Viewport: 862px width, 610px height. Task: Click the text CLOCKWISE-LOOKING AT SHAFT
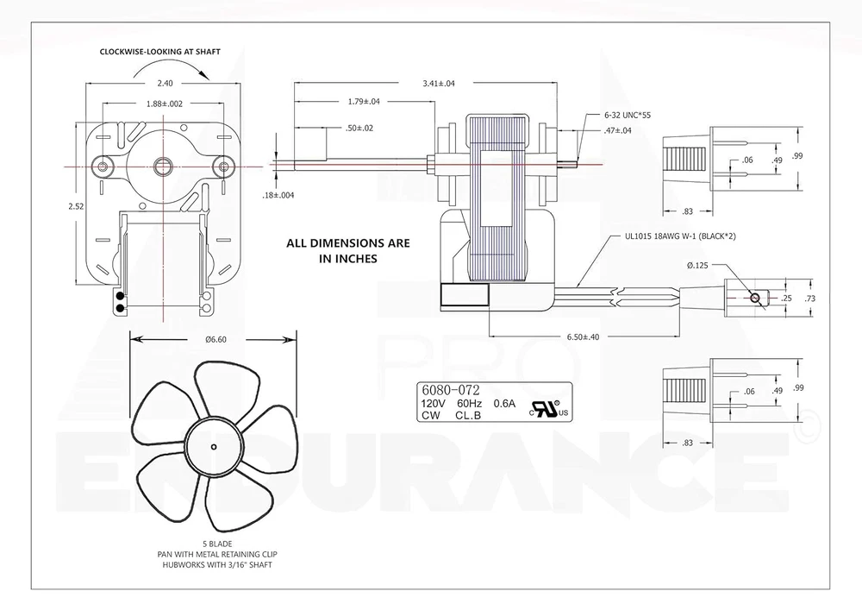pos(160,52)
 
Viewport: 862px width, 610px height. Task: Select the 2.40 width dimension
pos(165,84)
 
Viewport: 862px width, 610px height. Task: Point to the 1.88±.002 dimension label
pos(165,104)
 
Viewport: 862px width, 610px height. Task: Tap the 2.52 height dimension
pos(76,206)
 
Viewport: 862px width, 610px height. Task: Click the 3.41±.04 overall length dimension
pos(439,84)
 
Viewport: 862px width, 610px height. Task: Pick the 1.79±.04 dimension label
pos(364,101)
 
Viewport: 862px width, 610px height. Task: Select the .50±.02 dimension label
pos(359,129)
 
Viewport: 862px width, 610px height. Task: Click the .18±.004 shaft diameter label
pos(278,195)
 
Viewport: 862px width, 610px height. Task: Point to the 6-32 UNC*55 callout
pos(628,116)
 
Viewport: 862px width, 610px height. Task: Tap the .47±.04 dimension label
pos(618,130)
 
